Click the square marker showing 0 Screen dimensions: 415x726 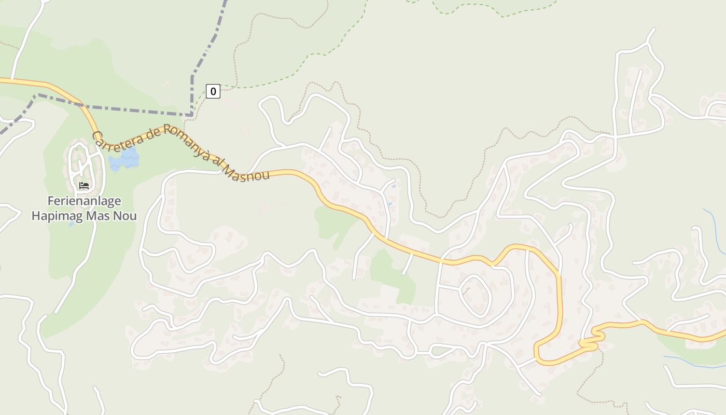(213, 91)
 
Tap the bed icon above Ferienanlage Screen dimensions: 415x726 (84, 185)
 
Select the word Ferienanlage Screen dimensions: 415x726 (85, 201)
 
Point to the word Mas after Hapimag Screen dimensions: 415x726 (99, 216)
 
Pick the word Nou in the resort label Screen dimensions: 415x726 (125, 216)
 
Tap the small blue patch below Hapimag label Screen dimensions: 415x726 (72, 225)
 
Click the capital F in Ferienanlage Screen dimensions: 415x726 (51, 201)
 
